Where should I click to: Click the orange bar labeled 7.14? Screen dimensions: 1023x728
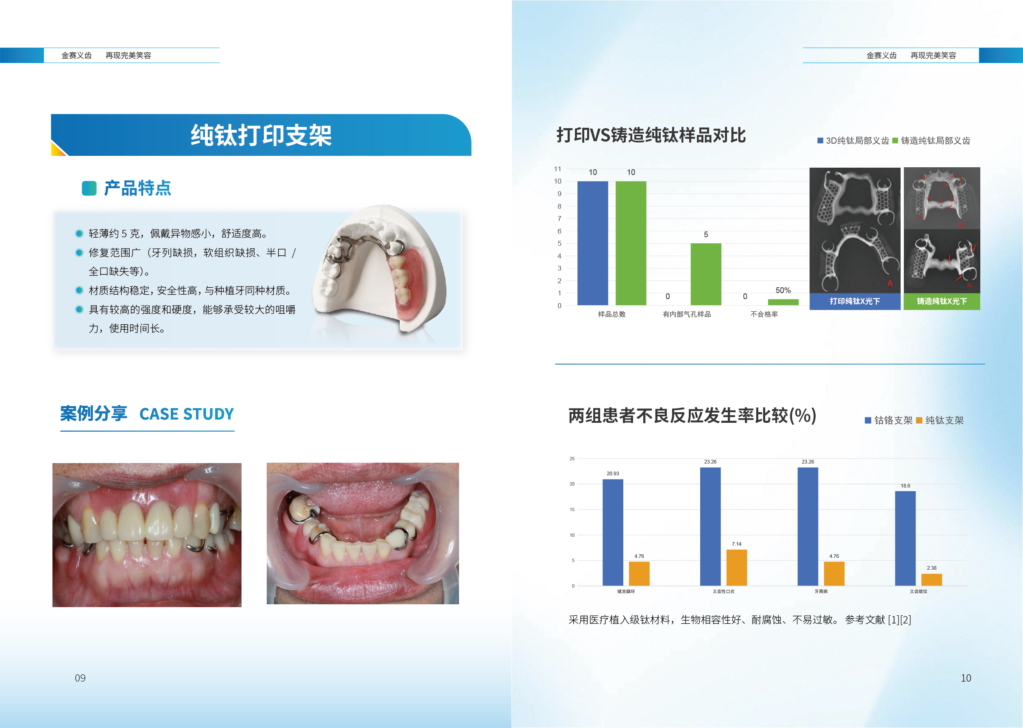click(736, 568)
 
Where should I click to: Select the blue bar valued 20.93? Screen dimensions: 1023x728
click(613, 533)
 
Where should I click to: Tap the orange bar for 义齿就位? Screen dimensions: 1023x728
click(932, 579)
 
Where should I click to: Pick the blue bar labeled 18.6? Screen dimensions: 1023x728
click(905, 538)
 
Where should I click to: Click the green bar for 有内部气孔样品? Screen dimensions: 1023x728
click(706, 274)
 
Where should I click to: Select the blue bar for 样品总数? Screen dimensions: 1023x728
click(592, 243)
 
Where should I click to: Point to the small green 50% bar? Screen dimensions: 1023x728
click(783, 302)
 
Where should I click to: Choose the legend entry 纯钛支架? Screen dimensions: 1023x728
click(940, 420)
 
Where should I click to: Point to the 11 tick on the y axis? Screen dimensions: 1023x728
click(557, 169)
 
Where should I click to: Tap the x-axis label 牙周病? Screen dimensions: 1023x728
click(821, 591)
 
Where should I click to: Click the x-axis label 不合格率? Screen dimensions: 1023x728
click(764, 314)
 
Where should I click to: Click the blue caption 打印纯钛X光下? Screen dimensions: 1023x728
click(855, 301)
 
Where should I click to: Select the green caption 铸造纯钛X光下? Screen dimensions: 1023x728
click(942, 301)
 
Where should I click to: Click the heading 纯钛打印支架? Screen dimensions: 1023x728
click(261, 135)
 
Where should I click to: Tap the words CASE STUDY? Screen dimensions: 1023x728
click(187, 414)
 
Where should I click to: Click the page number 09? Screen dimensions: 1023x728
click(80, 678)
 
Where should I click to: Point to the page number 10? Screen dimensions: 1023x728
click(966, 678)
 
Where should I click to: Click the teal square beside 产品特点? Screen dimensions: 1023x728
click(89, 188)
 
